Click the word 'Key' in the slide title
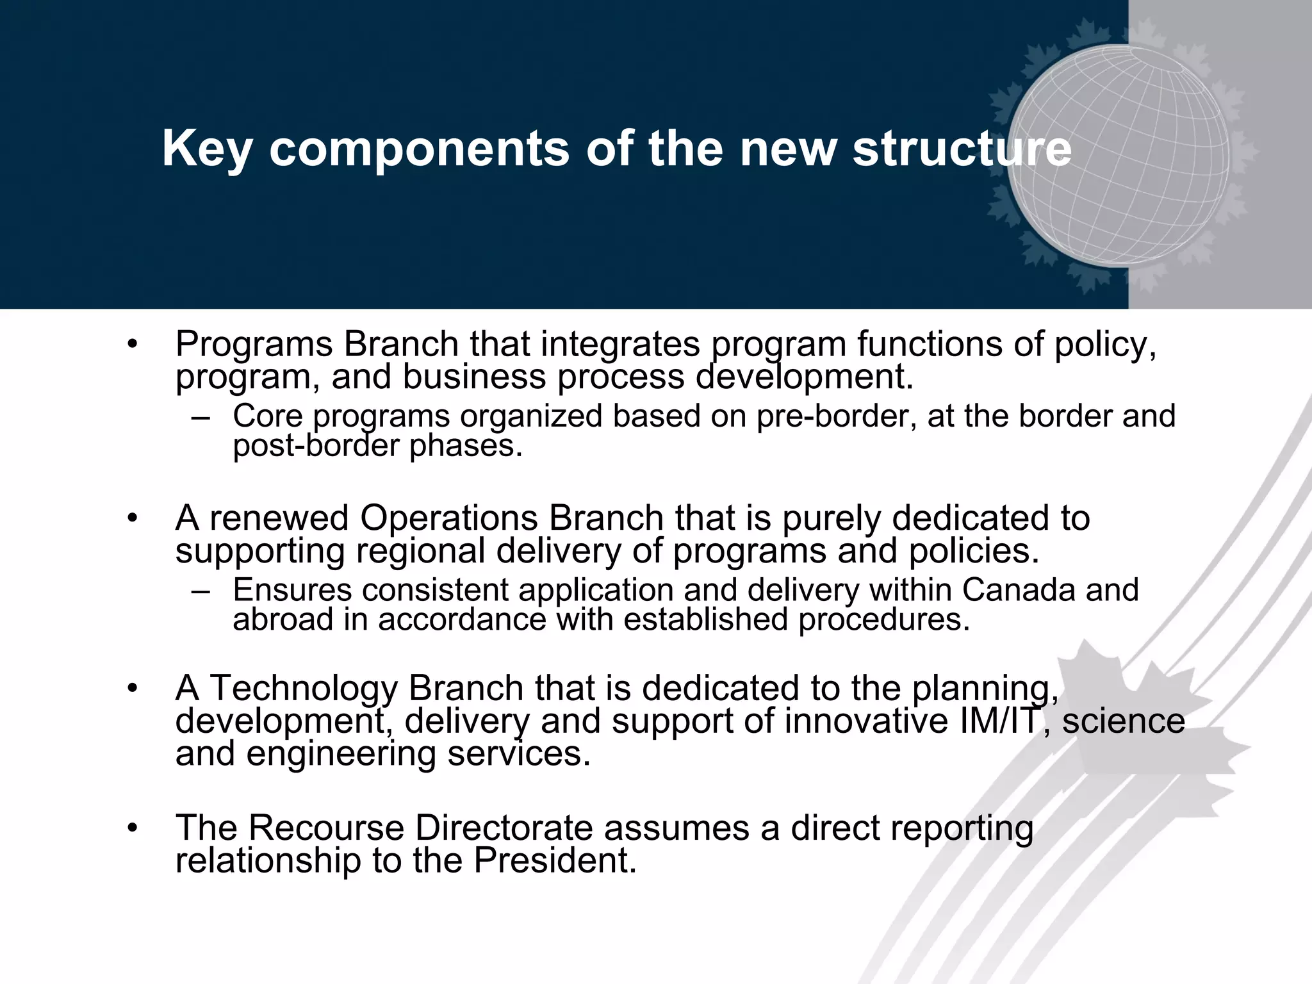pyautogui.click(x=206, y=149)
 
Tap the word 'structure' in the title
pyautogui.click(x=962, y=149)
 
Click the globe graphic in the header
pyautogui.click(x=1118, y=156)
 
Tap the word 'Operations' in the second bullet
pyautogui.click(x=448, y=518)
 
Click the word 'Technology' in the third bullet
pyautogui.click(x=303, y=688)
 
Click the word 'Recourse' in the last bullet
pyautogui.click(x=326, y=827)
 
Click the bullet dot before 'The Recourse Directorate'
pyautogui.click(x=133, y=828)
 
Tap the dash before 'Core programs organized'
pyautogui.click(x=201, y=417)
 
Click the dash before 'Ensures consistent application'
pyautogui.click(x=201, y=591)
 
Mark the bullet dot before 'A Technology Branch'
pyautogui.click(x=133, y=689)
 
